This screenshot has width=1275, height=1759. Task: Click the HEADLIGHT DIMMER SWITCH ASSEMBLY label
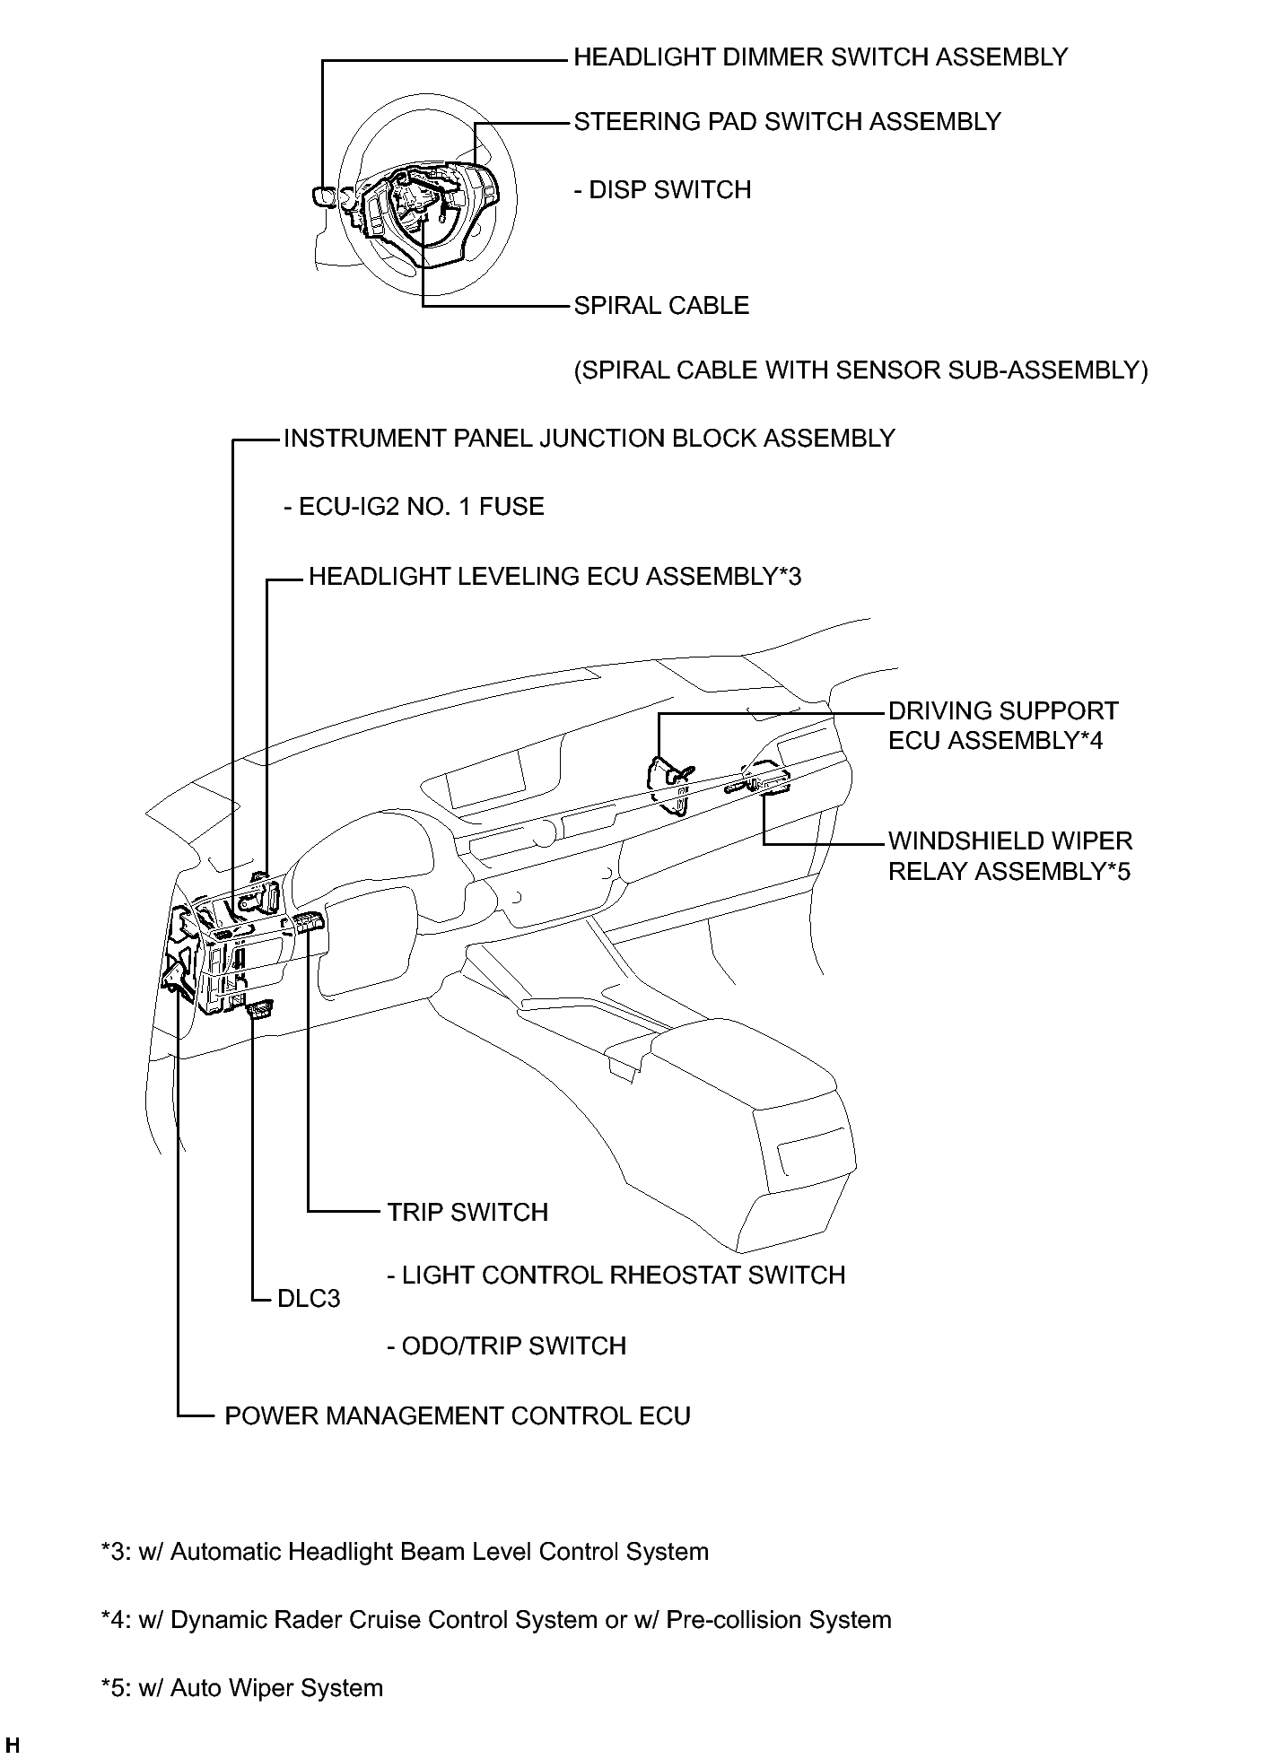821,57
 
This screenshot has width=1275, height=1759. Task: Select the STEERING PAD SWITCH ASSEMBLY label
788,122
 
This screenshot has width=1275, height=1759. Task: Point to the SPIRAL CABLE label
662,306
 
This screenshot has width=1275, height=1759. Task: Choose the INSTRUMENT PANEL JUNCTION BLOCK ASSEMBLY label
589,439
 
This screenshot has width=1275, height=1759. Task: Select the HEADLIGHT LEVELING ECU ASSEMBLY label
555,576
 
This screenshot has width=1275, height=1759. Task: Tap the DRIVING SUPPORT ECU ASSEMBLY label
1003,726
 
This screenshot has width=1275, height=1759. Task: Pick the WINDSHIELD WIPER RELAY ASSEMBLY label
1010,856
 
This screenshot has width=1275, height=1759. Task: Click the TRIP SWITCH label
467,1213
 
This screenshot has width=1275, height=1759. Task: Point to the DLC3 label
309,1299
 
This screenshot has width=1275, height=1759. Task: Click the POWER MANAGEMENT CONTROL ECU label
458,1416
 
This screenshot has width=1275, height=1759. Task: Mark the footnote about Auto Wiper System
242,1688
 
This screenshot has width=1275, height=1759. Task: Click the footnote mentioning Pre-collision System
496,1620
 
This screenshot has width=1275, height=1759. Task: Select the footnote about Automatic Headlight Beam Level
405,1552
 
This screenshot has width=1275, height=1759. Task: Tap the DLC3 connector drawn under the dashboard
259,1010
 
